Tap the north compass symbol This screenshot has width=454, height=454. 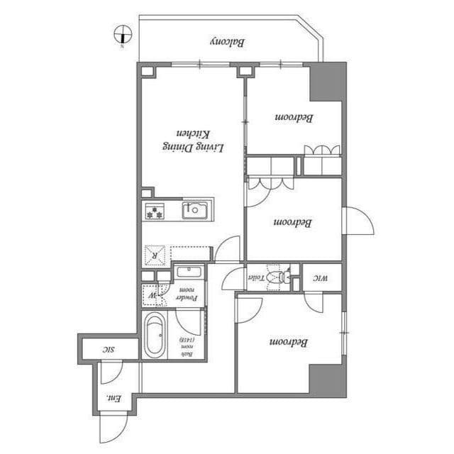pos(122,34)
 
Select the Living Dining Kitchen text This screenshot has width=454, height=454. pos(194,140)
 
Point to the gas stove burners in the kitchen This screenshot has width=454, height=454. pos(155,210)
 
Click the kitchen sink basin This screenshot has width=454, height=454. pos(194,209)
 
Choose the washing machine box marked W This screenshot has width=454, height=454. pos(150,292)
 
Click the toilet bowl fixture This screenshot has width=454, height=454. pos(279,276)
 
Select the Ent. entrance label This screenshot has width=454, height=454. pos(111,398)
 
